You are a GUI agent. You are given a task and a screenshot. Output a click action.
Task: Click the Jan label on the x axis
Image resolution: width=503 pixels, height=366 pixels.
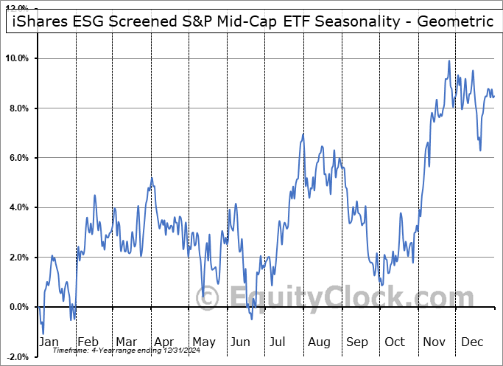[49, 342]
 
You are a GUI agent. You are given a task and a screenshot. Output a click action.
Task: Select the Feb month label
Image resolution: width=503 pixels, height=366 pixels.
[88, 342]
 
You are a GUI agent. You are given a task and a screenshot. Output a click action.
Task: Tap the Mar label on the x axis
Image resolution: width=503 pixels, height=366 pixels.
[125, 342]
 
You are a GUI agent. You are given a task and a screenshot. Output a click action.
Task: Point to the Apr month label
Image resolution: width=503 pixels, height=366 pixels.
[163, 342]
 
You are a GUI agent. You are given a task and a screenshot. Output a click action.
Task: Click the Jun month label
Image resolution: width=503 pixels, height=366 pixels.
[241, 342]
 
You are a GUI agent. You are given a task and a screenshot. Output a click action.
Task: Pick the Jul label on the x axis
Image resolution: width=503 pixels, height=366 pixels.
[279, 342]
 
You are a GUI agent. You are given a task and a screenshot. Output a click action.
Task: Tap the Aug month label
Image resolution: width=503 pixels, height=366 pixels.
[318, 342]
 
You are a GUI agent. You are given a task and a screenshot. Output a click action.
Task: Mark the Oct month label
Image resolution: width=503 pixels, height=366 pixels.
[395, 342]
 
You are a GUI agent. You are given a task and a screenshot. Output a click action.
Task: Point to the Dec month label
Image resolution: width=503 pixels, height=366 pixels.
[472, 342]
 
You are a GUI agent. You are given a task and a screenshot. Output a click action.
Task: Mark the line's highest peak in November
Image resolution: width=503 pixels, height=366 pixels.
[449, 61]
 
